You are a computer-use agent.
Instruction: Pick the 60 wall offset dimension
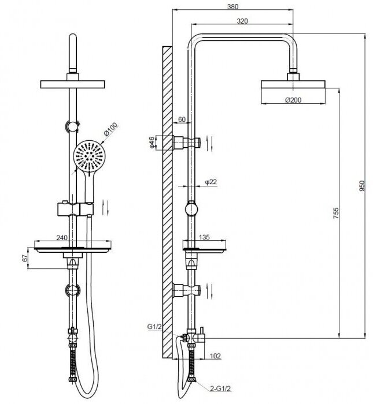182,119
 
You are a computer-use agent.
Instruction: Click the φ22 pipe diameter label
210,182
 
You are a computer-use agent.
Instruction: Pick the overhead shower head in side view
294,84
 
